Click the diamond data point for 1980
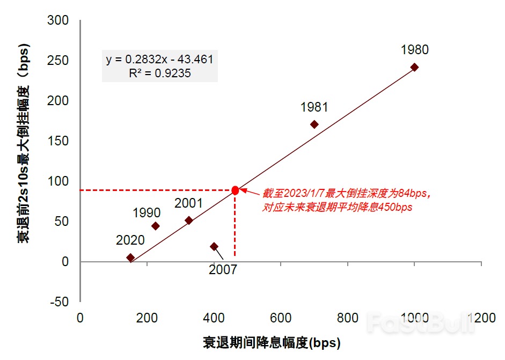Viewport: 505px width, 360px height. (414, 67)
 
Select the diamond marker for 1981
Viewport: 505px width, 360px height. (314, 124)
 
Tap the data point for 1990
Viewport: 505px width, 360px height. (156, 226)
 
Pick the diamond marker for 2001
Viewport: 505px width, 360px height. (189, 220)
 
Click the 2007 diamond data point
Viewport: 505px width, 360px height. (214, 246)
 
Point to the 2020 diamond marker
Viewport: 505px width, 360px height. (130, 258)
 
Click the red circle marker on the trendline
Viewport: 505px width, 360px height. (235, 190)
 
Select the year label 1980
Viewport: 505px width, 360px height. (414, 50)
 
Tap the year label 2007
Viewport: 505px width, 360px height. (223, 270)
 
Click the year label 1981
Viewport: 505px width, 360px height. (314, 107)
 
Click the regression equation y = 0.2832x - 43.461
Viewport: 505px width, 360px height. (159, 59)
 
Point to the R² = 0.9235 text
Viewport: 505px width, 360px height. (159, 74)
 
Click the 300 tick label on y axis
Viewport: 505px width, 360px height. (58, 20)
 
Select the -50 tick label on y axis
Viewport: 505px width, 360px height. (58, 302)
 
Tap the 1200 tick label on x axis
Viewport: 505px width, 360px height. (481, 318)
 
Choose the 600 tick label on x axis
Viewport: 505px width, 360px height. (281, 318)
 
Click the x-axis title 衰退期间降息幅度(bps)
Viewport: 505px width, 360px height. (272, 342)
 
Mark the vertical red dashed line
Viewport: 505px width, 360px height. (235, 225)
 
